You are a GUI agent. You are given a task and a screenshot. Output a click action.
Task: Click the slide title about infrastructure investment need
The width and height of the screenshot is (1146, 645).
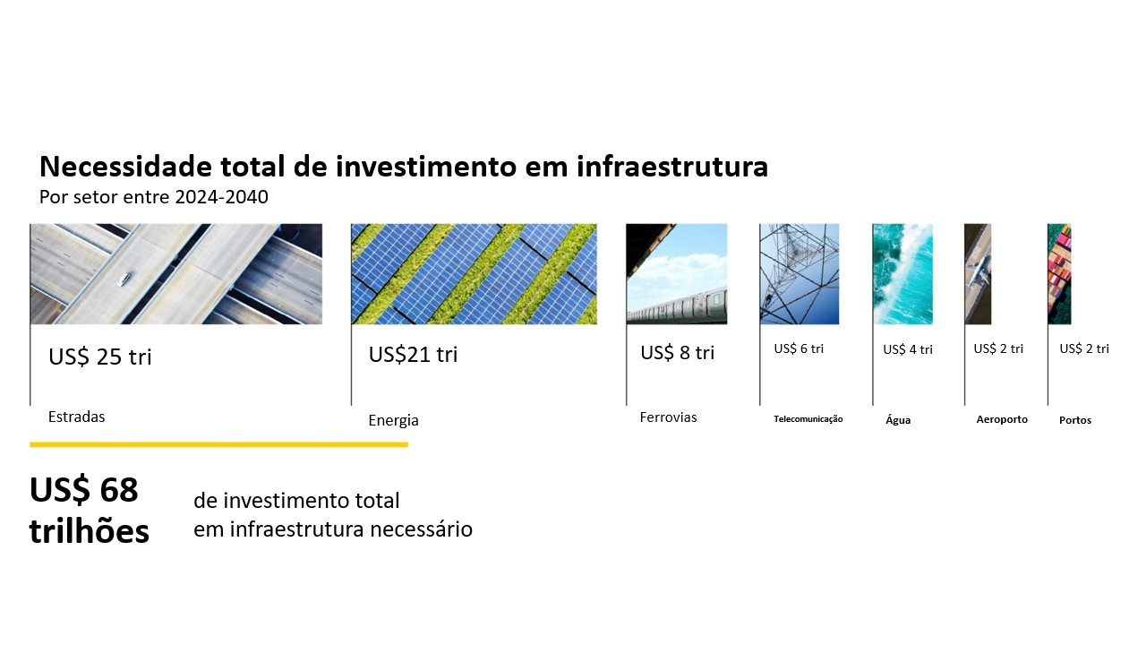pos(403,167)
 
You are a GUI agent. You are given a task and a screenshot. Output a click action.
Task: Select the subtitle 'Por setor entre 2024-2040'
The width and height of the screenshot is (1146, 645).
pos(153,197)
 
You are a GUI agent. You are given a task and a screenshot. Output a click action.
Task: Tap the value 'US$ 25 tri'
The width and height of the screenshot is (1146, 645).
pos(100,357)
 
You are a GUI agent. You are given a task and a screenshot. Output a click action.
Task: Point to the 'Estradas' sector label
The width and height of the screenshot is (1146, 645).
pos(76,417)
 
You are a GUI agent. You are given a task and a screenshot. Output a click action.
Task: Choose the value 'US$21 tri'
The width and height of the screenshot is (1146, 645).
pos(413,355)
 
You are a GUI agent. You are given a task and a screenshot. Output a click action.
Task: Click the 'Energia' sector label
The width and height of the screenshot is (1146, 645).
pos(393,420)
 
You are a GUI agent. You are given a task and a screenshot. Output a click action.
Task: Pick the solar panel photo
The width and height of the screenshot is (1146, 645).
pos(474,273)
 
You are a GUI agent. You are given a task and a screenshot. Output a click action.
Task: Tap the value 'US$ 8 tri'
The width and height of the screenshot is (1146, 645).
pos(677,353)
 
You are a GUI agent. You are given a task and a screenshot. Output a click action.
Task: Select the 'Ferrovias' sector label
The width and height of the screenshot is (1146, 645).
pos(668,417)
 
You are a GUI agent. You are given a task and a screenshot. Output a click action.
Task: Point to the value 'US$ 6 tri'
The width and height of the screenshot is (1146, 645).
pos(799,348)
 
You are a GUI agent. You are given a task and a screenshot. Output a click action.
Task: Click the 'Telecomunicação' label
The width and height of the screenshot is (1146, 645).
pos(808,418)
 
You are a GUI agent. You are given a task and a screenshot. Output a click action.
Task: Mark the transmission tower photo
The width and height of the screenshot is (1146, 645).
pos(800,273)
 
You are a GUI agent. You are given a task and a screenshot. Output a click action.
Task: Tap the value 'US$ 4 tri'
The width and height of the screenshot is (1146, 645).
pos(907,349)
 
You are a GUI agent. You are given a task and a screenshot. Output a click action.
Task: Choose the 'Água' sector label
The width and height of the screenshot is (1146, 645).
pos(898,420)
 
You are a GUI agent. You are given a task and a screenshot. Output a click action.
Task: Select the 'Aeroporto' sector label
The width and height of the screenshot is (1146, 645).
pos(1002,419)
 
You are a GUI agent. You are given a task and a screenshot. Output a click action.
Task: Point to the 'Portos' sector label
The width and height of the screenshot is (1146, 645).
pos(1075,420)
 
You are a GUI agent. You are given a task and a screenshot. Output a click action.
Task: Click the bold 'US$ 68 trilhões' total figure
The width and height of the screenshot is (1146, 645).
pos(90,511)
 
